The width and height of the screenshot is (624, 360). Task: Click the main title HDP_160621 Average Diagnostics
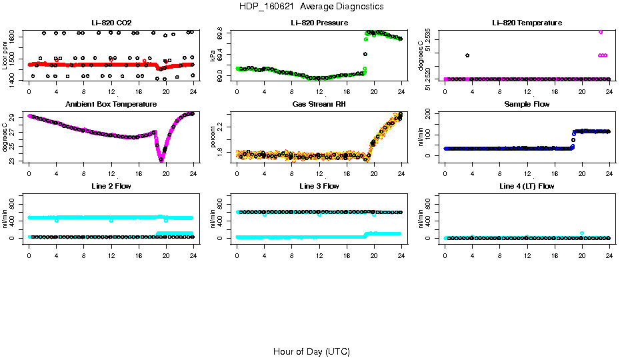(311, 6)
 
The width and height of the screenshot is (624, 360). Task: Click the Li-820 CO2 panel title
(111, 23)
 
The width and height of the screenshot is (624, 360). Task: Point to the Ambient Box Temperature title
(111, 104)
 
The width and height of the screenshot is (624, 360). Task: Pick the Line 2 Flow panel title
(111, 186)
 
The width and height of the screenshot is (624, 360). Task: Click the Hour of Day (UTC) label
(311, 351)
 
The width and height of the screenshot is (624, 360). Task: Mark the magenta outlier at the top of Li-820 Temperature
(601, 31)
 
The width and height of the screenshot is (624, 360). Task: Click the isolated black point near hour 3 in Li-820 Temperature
(467, 55)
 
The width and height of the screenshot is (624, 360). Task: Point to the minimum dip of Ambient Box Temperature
(161, 159)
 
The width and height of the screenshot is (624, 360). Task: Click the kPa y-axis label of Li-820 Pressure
(213, 57)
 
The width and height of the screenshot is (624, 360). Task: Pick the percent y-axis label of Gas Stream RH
(213, 138)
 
